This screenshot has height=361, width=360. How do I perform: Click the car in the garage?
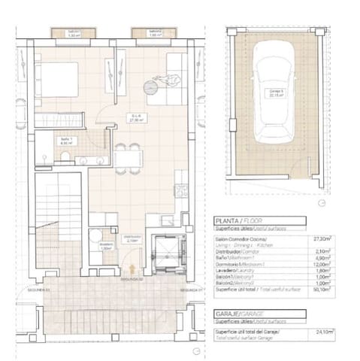(x=273, y=97)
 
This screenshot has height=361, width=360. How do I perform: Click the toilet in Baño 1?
(x=65, y=156)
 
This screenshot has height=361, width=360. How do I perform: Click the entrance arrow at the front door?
(x=132, y=268)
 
